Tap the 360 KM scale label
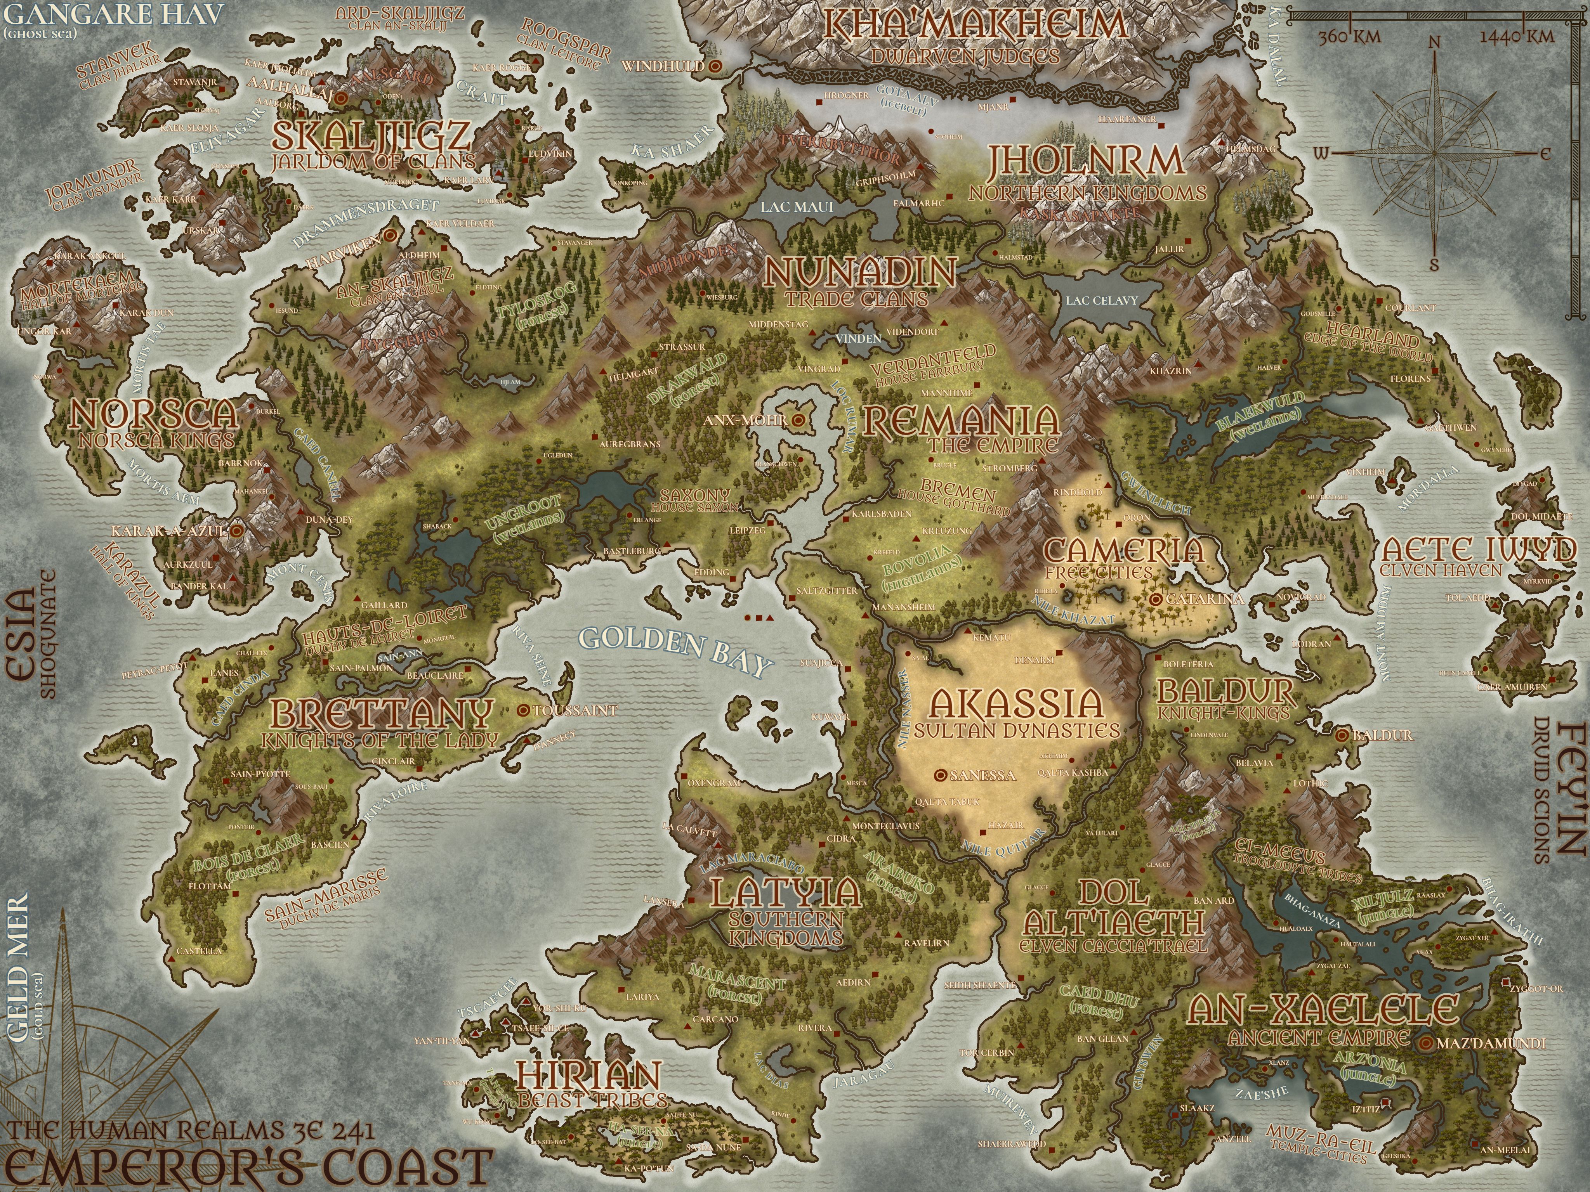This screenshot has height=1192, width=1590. [1349, 36]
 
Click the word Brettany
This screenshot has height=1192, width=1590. [382, 714]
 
